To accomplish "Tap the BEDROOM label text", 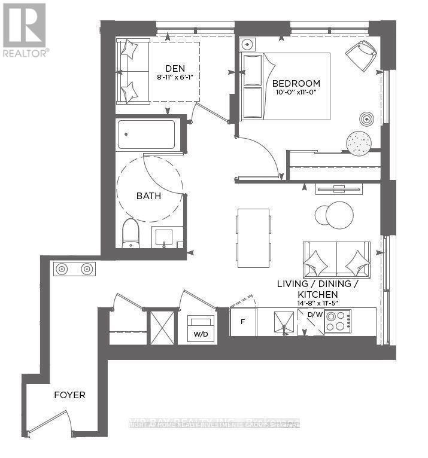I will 296,84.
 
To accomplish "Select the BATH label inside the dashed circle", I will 148,196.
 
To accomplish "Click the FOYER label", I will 69,395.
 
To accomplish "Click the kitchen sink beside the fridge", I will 281,322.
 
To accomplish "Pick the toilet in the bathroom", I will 130,234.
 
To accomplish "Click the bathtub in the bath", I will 147,135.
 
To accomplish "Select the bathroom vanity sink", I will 167,237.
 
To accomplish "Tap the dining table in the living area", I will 253,238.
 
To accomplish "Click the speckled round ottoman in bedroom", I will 359,143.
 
